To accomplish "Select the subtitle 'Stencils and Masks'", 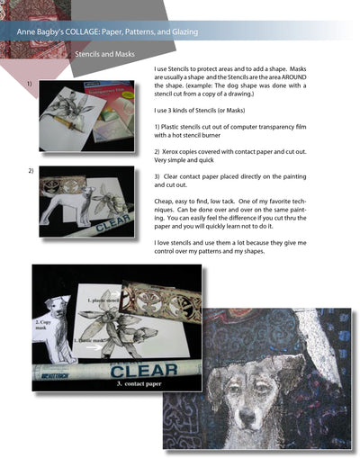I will (x=105, y=55).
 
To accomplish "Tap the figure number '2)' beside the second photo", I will (x=31, y=170).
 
